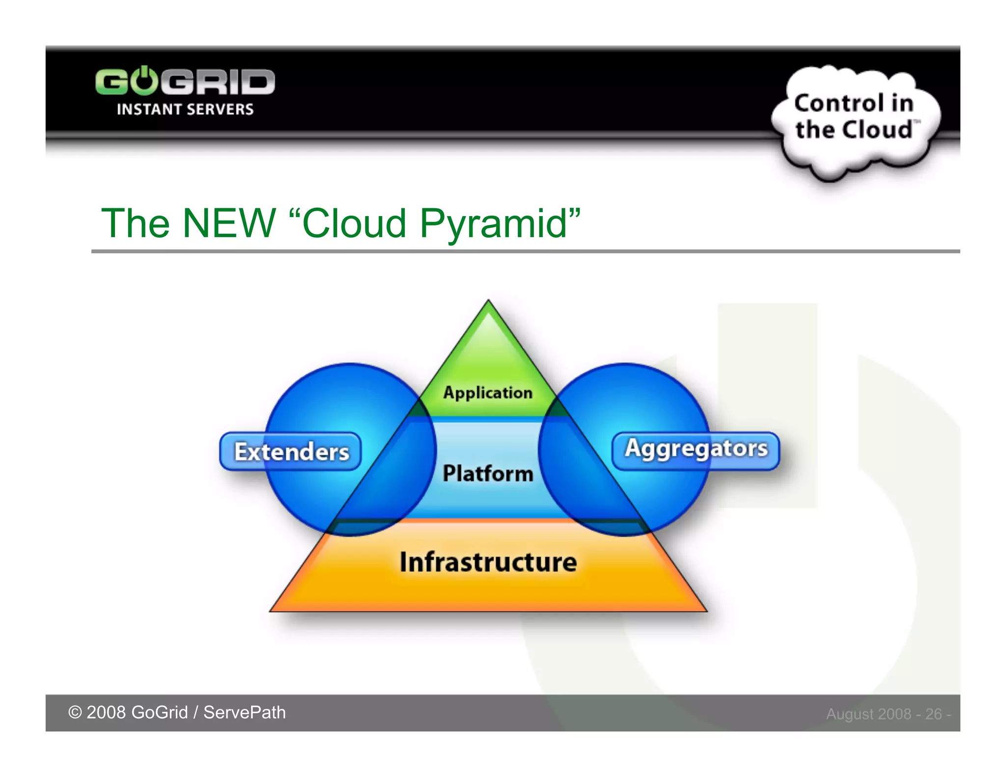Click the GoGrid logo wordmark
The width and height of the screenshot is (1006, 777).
pos(185,82)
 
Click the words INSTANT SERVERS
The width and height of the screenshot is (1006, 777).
pos(185,109)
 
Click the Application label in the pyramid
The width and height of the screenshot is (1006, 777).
pos(487,392)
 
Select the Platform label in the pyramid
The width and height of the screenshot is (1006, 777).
pos(487,473)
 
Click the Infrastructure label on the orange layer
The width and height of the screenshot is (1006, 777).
pos(488,562)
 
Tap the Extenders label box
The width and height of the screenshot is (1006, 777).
pos(291,451)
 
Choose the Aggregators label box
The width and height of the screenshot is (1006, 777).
pos(696,449)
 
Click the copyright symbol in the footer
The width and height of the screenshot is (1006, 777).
pos(75,712)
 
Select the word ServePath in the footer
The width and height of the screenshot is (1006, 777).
pos(244,712)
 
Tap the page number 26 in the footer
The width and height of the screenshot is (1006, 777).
pos(933,714)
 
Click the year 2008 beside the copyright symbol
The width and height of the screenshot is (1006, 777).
pos(106,712)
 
